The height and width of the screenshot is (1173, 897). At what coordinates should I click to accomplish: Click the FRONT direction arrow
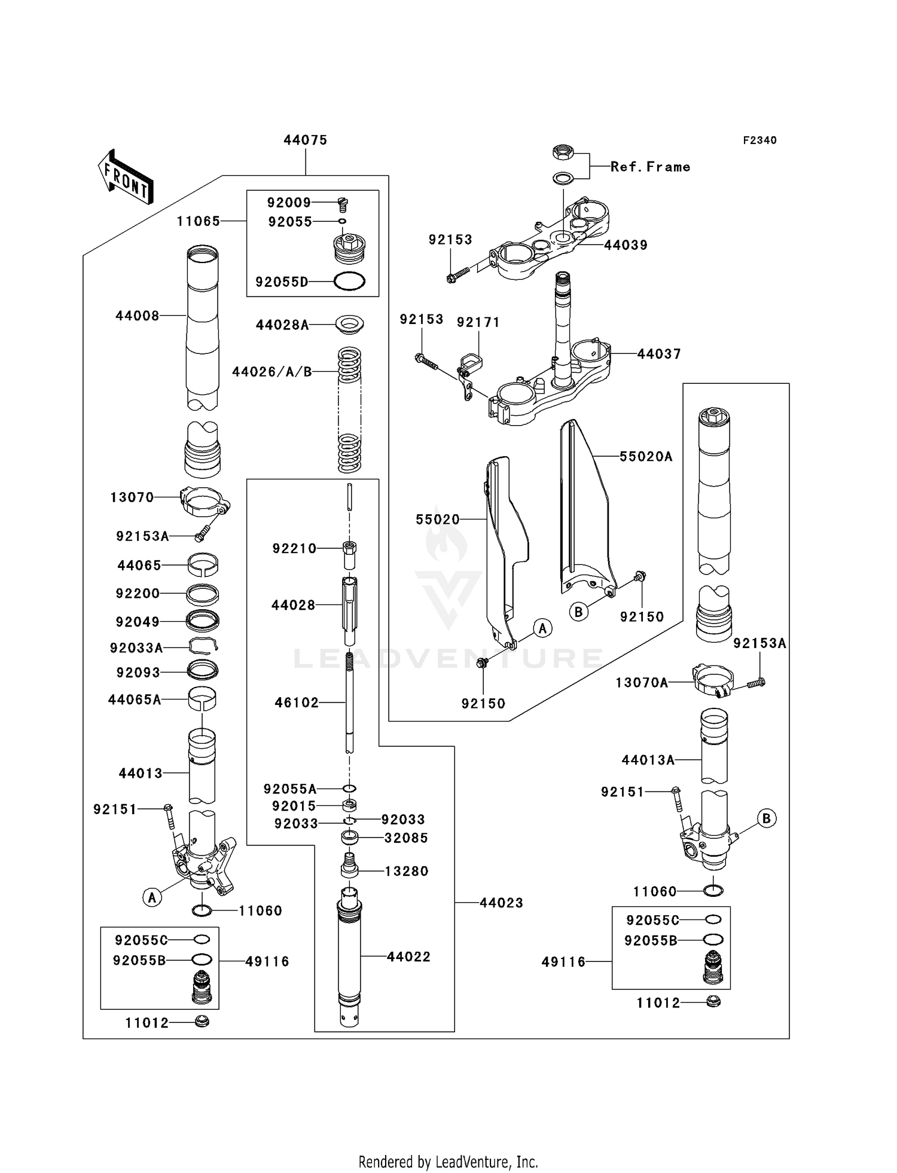click(126, 178)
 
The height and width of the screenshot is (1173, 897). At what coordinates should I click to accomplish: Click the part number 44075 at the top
click(305, 140)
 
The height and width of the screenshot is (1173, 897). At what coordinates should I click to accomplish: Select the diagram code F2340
click(759, 140)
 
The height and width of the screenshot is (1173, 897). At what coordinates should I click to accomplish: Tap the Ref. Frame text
click(650, 167)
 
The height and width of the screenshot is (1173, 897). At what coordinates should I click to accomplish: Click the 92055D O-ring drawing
click(349, 282)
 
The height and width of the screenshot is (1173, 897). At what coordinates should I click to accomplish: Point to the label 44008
click(138, 316)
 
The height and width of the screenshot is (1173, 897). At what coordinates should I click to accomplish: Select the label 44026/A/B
click(272, 372)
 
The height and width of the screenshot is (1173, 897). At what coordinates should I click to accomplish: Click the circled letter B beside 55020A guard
click(578, 612)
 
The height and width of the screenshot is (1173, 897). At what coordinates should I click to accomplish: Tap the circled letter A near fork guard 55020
click(542, 628)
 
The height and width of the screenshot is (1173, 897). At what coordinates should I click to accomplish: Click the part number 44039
click(626, 245)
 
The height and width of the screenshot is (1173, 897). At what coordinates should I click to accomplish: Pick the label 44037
click(658, 354)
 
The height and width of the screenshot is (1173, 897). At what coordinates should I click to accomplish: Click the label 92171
click(478, 322)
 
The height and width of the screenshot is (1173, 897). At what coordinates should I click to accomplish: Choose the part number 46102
click(297, 702)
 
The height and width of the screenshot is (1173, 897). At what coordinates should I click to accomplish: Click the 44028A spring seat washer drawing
click(350, 324)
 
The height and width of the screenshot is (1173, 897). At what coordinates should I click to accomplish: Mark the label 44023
click(501, 903)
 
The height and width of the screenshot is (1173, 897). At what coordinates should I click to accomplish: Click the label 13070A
click(642, 682)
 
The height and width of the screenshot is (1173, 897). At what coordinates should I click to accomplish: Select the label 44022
click(408, 957)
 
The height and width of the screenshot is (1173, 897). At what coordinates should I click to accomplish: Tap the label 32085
click(406, 838)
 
